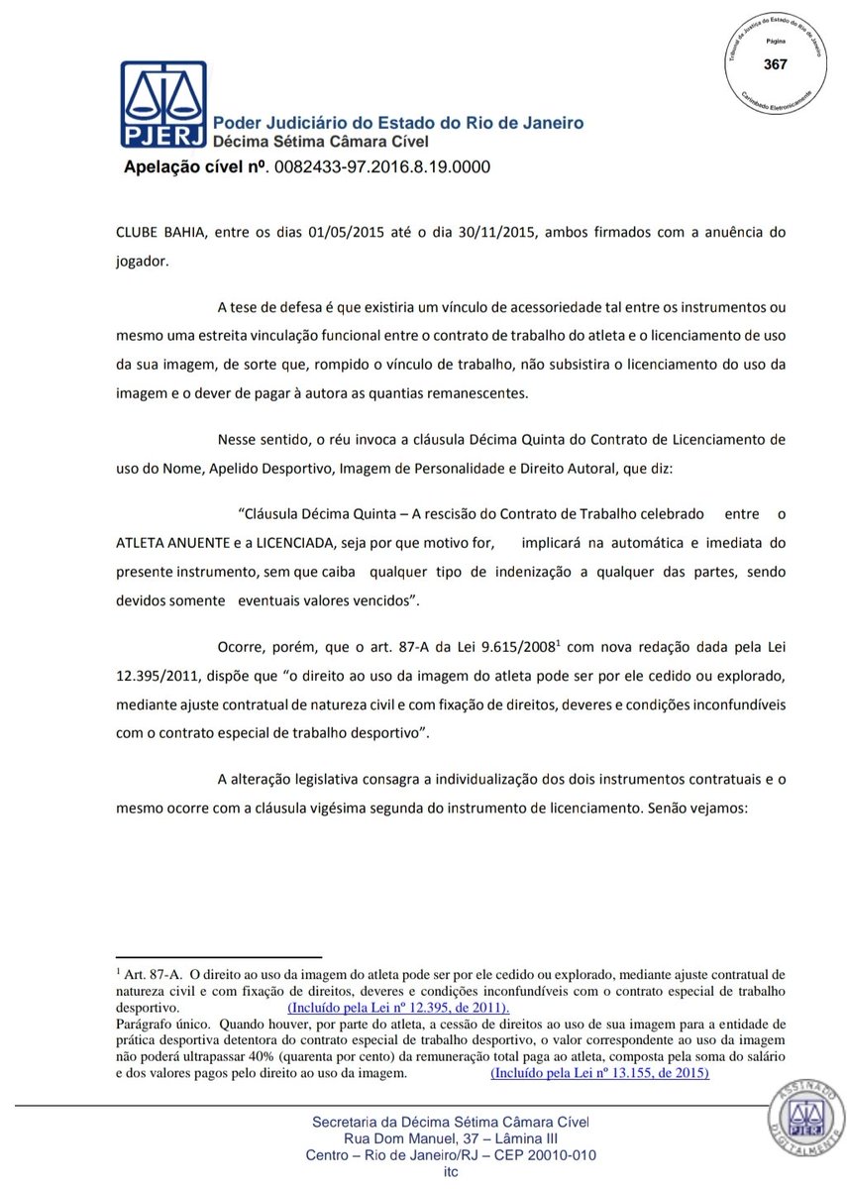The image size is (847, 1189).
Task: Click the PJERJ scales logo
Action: (163, 103)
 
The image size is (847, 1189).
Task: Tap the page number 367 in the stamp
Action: (775, 64)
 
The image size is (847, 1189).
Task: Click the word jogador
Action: (146, 261)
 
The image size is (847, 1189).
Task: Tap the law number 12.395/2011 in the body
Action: (161, 676)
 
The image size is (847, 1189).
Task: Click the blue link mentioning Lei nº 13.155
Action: (599, 1072)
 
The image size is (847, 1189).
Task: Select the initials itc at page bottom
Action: (451, 1172)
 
